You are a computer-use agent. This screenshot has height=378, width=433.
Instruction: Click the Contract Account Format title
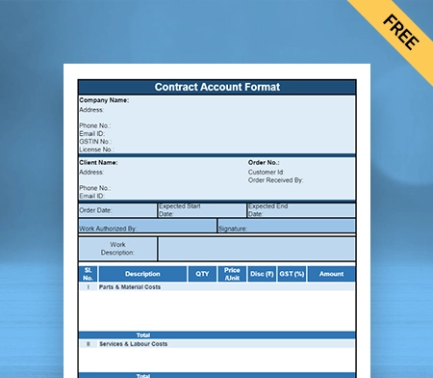217,87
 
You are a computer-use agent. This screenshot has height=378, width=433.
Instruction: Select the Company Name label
104,100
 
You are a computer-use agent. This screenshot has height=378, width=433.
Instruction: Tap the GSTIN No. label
95,141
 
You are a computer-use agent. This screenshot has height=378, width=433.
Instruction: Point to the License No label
96,149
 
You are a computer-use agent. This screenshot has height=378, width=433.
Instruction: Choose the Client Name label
98,163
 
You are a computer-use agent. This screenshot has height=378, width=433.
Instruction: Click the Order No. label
264,163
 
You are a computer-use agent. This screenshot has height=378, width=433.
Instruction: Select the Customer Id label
267,172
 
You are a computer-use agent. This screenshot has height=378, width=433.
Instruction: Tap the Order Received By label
275,179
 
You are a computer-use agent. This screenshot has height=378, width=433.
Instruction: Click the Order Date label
95,210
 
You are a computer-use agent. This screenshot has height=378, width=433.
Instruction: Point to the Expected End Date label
267,210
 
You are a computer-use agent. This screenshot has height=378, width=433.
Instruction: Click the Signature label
233,229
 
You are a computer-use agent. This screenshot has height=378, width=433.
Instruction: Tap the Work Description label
117,249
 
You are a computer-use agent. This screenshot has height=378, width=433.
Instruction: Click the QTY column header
202,274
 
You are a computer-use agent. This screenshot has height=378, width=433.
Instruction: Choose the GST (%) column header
293,274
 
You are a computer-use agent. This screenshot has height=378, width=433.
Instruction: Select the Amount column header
331,274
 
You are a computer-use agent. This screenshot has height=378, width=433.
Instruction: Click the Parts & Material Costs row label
130,286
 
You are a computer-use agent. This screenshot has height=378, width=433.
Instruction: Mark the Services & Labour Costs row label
134,343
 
